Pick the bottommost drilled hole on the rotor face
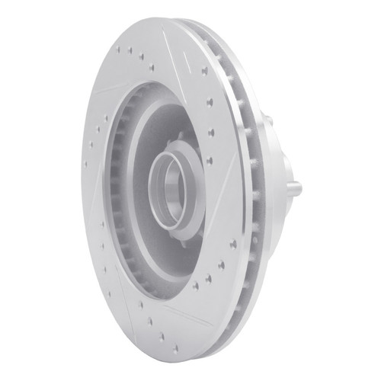click(x=174, y=348)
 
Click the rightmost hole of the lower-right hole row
click(x=232, y=244)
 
